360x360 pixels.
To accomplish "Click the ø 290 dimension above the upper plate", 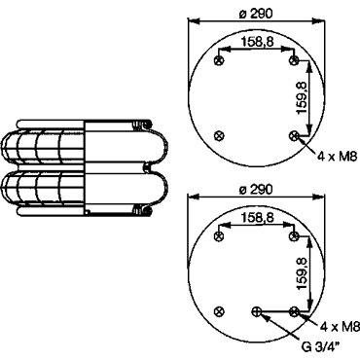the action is pyautogui.click(x=256, y=14).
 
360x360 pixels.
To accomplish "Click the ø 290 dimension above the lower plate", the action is pyautogui.click(x=256, y=189).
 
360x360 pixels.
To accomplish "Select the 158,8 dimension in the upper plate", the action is pyautogui.click(x=257, y=41).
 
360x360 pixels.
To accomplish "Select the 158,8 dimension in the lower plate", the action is pyautogui.click(x=257, y=218).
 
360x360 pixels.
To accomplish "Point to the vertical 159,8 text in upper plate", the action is pyautogui.click(x=302, y=97).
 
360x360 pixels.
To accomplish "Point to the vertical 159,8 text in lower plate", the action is pyautogui.click(x=302, y=273).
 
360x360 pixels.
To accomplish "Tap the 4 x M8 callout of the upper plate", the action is pyautogui.click(x=337, y=157).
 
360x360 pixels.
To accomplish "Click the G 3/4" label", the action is pyautogui.click(x=320, y=347).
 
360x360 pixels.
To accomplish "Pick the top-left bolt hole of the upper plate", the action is pyautogui.click(x=219, y=60).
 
